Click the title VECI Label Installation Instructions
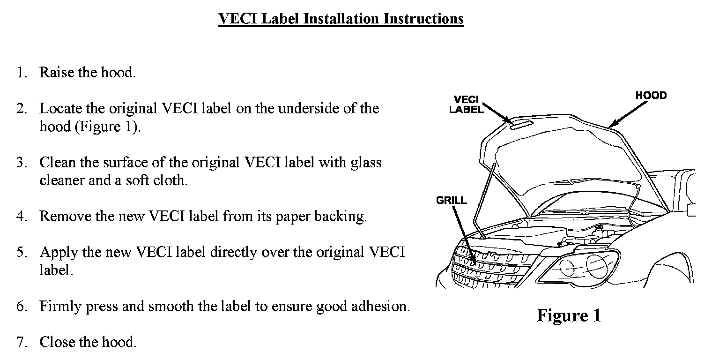tap(341, 19)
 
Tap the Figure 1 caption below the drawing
tap(568, 315)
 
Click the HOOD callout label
tap(651, 96)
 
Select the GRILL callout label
tap(452, 201)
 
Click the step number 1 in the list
tap(21, 73)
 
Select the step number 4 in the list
tap(21, 216)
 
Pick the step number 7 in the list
tap(21, 342)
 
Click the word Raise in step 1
tap(56, 73)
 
